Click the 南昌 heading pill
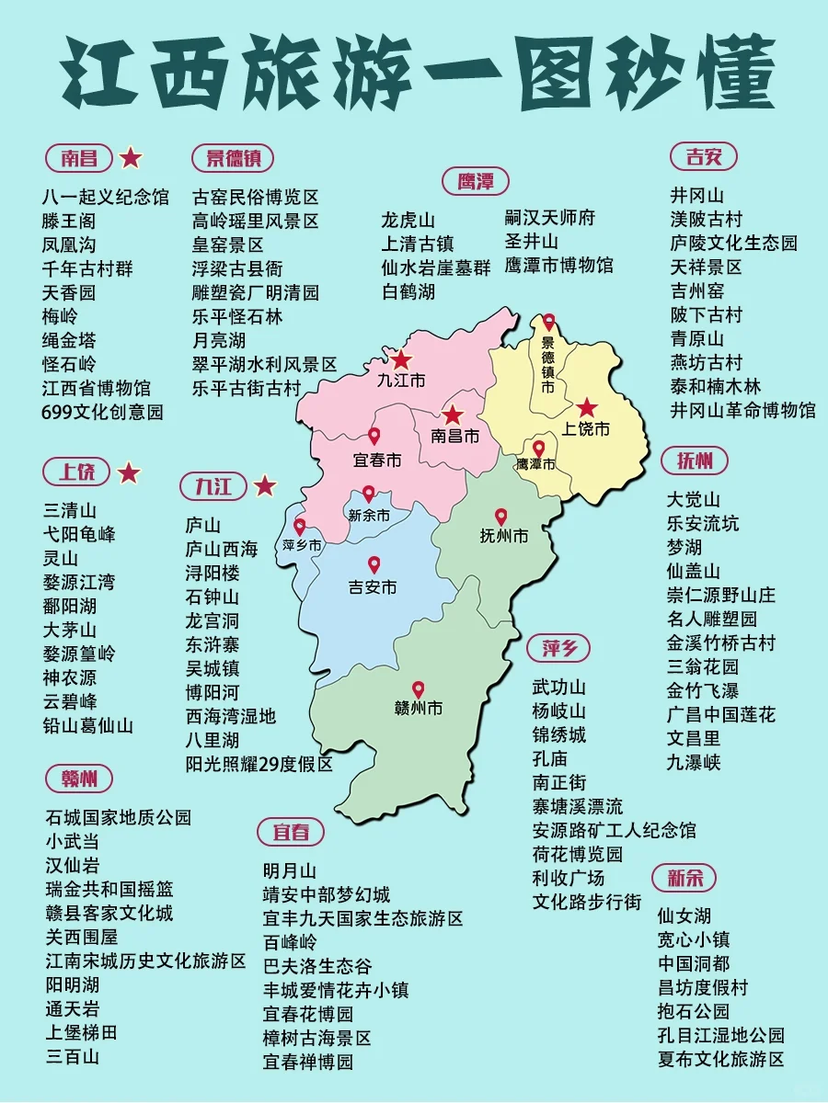click(79, 158)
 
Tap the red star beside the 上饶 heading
click(130, 473)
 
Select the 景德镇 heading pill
click(233, 158)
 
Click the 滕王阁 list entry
click(69, 221)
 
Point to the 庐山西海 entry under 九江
click(222, 550)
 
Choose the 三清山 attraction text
click(70, 510)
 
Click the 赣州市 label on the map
click(418, 709)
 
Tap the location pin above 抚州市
click(501, 517)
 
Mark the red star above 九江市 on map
click(401, 360)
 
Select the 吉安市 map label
click(373, 586)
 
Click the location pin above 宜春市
click(374, 437)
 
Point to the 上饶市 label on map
click(586, 428)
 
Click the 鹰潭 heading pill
click(475, 181)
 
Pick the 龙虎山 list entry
click(408, 221)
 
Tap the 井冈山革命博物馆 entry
click(742, 410)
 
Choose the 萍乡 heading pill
click(559, 648)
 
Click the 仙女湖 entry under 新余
click(684, 916)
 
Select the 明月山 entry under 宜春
click(290, 870)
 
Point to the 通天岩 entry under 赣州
click(73, 1008)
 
